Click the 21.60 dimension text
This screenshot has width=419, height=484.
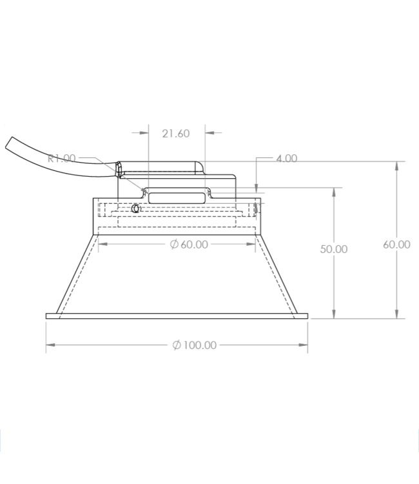click(176, 134)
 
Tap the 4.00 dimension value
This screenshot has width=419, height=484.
click(286, 158)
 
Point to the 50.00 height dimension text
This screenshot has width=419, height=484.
click(333, 249)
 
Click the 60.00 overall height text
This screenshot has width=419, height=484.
click(396, 244)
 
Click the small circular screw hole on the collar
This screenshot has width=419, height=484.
click(135, 208)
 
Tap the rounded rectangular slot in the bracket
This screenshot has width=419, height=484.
click(177, 196)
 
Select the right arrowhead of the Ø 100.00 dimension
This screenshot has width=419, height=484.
click(304, 345)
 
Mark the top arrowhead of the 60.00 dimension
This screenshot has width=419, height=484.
click(396, 165)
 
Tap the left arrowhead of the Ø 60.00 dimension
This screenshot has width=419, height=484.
click(102, 244)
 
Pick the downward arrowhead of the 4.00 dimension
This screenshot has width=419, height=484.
click(257, 185)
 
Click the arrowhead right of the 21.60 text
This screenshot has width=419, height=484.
click(209, 134)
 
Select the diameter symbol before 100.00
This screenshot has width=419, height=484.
click(176, 345)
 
